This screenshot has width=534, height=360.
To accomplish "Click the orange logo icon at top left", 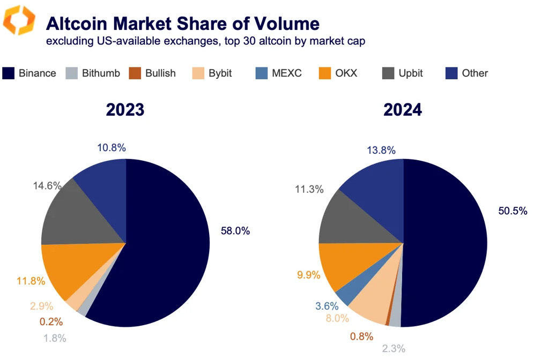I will pos(20,20).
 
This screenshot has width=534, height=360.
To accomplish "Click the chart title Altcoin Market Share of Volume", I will pos(182,23).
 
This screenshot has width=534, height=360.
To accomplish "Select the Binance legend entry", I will pos(29,73).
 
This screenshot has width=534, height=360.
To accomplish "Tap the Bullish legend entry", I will pos(152,73).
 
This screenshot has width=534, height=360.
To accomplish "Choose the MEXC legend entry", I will pos(278,73).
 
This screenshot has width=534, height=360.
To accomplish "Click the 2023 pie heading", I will pos(125,110).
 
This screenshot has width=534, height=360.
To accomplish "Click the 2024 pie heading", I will pos(402,110).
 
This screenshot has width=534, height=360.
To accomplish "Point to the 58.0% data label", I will pos(235,231).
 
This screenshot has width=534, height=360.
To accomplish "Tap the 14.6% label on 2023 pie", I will pos(48,185).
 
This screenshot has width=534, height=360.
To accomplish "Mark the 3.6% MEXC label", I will pos(327,306).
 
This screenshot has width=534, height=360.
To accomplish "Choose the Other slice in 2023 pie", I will pos(105,182).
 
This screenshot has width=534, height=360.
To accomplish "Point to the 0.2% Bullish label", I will pos(51,322).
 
